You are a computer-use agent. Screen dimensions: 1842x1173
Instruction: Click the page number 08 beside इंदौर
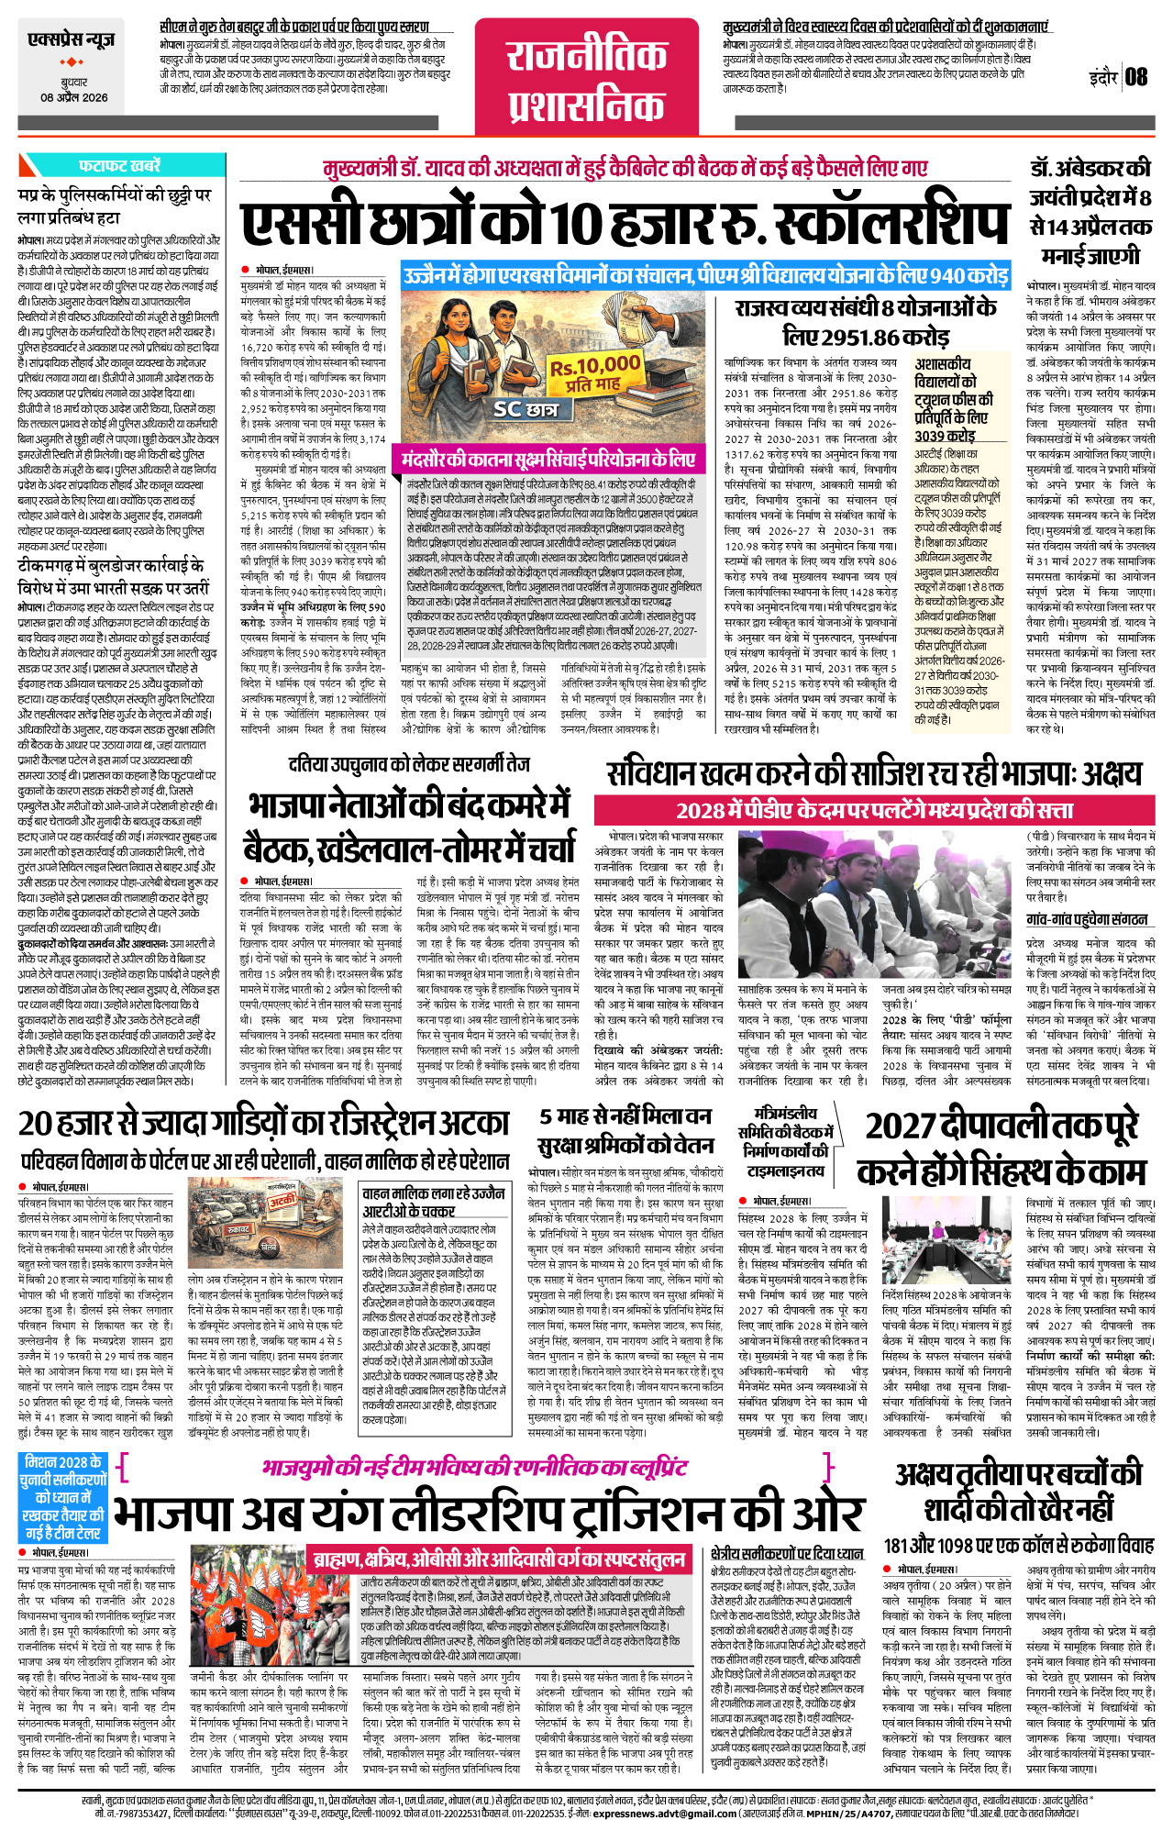click(x=1136, y=76)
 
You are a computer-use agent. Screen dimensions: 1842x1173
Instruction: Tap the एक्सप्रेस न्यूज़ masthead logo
click(x=72, y=41)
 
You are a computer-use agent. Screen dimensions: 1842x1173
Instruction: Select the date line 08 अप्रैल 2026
click(x=73, y=97)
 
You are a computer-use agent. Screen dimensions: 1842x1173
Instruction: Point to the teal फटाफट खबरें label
click(x=119, y=166)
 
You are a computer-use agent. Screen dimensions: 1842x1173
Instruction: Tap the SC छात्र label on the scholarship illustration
click(x=525, y=409)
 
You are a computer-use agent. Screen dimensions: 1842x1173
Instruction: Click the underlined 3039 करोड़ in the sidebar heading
click(x=945, y=436)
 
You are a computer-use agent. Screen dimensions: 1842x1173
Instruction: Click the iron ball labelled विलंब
click(x=270, y=1248)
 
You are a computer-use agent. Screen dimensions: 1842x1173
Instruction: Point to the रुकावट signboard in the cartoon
click(x=238, y=1229)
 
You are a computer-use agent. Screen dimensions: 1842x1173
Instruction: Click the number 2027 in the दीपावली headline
click(x=899, y=1126)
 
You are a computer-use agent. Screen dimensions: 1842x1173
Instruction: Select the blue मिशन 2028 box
click(x=62, y=1496)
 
